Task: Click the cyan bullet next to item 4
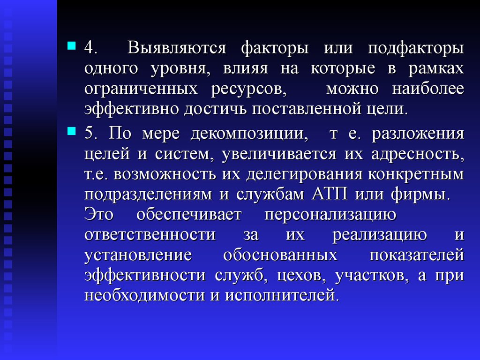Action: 71,45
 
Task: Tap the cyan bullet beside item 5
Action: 71,131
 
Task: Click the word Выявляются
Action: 177,48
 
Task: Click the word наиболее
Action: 428,89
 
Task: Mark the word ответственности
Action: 150,235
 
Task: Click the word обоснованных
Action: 280,255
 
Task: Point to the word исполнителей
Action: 282,295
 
